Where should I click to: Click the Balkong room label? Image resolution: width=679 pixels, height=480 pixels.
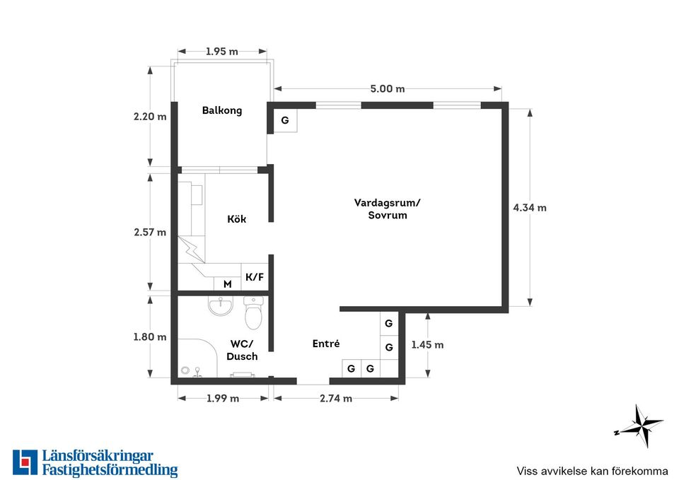pos(221,110)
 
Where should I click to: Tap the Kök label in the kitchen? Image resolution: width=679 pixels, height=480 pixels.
pos(236,218)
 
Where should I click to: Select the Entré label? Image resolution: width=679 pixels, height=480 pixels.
pos(326,344)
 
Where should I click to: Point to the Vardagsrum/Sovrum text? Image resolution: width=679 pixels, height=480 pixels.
pos(387,209)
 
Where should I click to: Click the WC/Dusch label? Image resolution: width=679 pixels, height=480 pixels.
pos(242,350)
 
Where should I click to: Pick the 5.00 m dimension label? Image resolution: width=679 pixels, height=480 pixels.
pos(387,89)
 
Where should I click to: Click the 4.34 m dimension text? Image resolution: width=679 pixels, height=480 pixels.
pos(530,208)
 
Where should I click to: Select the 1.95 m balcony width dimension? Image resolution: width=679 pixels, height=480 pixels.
pos(221,52)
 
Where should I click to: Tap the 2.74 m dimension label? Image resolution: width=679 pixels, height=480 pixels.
pos(335,398)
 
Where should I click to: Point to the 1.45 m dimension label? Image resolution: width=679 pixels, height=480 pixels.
pos(427,344)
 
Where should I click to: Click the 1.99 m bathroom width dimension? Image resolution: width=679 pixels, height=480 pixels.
pos(223,398)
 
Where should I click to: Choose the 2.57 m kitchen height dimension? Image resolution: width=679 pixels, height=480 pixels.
pos(150,232)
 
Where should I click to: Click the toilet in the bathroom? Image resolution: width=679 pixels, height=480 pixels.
pos(253,313)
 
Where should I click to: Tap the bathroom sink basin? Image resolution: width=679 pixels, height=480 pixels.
pos(221,305)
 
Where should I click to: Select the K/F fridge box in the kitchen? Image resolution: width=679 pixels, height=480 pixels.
pos(255,277)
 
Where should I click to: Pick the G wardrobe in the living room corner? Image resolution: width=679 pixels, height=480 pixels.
pos(285,120)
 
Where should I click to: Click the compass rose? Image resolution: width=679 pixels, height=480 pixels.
pos(639,426)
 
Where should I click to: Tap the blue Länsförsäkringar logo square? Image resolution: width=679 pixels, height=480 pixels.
pos(25,462)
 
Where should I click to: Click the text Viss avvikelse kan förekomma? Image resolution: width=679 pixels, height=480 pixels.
pos(593,471)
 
